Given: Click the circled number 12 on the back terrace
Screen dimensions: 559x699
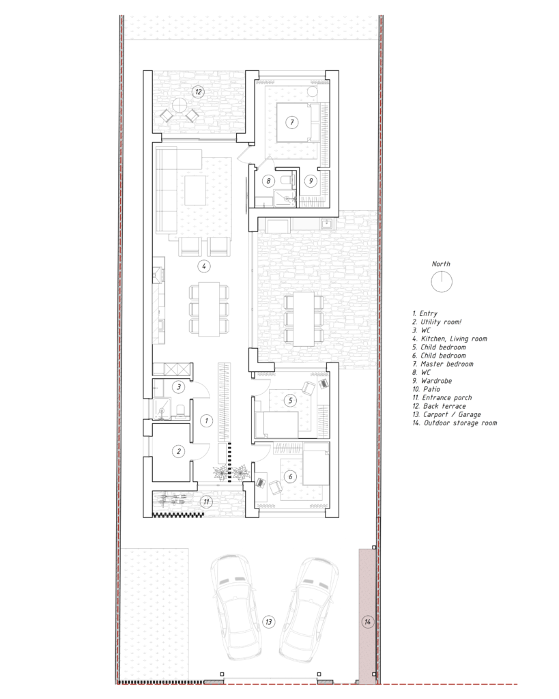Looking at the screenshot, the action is click(x=198, y=92).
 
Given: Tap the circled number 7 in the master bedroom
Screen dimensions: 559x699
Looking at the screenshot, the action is click(x=292, y=122).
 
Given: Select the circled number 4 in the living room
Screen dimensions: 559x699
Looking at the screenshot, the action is click(x=203, y=266).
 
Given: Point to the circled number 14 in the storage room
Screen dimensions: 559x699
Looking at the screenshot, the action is click(x=367, y=621).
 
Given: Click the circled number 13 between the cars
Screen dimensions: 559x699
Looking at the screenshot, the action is click(x=268, y=621).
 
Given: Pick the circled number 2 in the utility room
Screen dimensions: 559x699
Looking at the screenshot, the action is click(x=179, y=451).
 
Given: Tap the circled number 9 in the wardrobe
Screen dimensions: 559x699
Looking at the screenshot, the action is click(x=311, y=180).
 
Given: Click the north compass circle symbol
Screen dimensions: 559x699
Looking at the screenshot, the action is click(x=442, y=282).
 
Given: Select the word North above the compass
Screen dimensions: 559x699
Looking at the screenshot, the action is click(x=441, y=264).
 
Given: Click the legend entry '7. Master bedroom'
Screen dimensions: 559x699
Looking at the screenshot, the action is click(x=443, y=364).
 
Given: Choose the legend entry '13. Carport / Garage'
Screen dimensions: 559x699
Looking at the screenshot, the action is click(x=446, y=414).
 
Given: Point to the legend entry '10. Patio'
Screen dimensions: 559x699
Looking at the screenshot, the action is click(x=426, y=389).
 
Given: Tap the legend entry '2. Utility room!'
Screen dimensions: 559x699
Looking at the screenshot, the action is click(x=437, y=322).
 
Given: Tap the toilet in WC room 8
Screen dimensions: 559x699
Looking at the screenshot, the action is click(x=288, y=180).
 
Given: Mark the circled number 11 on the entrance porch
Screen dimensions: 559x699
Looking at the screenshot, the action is click(x=206, y=502).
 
